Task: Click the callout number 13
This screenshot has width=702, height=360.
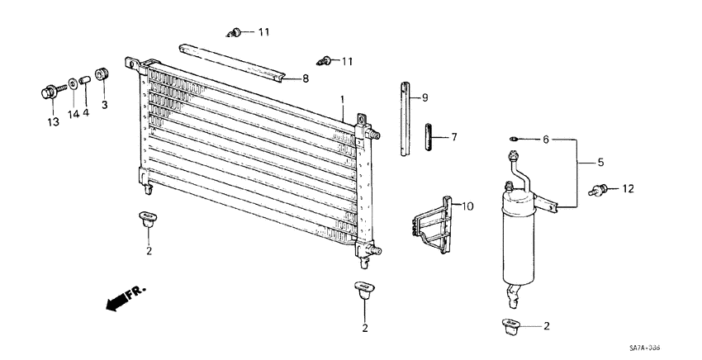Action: coord(52,122)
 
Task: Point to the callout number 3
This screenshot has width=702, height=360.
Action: coord(105,105)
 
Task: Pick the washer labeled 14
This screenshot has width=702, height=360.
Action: coord(72,82)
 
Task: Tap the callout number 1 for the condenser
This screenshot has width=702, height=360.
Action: coord(341,100)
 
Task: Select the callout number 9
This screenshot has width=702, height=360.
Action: coord(425,98)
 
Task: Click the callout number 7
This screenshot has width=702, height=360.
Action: coord(453,137)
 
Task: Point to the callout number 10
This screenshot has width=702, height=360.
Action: coord(468,206)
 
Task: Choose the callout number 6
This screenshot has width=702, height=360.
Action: coord(545,140)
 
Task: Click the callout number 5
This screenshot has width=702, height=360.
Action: coord(600,162)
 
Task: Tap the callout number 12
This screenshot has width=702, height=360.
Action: coord(628,189)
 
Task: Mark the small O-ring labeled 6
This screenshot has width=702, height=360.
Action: coord(514,140)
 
